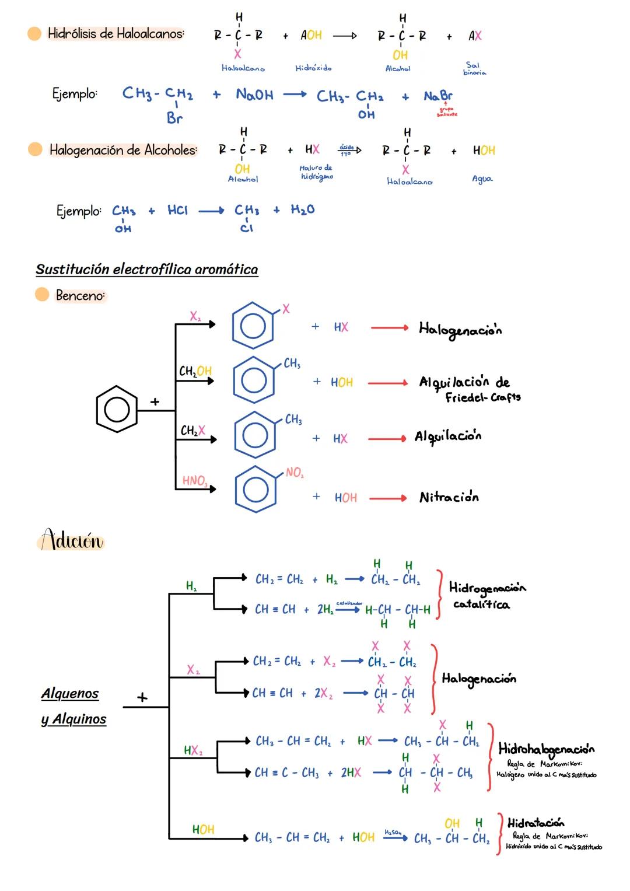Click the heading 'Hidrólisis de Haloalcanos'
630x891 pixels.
(116, 34)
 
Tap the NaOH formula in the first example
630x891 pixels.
(254, 95)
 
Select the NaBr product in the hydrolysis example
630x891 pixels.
(437, 96)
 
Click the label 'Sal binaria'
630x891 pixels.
(474, 69)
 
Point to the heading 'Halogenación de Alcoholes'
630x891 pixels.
(123, 150)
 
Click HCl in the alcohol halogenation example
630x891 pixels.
(177, 210)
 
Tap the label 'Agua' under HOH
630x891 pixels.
(482, 179)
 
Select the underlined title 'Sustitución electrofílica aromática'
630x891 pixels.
(146, 269)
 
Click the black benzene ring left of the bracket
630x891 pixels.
(117, 408)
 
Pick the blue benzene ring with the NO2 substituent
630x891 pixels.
(256, 488)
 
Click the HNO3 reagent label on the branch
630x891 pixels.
(194, 481)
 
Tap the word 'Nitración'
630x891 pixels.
(449, 498)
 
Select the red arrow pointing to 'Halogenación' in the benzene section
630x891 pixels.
(389, 328)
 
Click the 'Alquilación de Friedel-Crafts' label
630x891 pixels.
(469, 389)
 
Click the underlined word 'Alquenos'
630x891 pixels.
(70, 693)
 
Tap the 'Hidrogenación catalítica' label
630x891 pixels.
(487, 595)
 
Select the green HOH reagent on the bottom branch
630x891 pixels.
(203, 829)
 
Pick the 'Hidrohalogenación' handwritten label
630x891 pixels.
(546, 749)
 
